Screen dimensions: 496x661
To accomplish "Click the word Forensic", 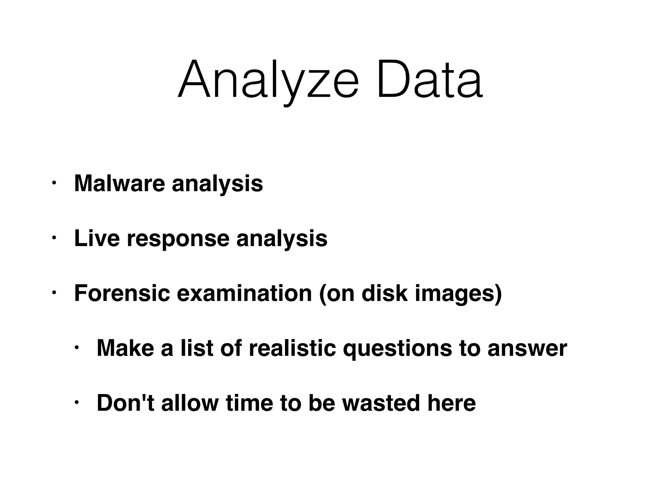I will [x=122, y=293].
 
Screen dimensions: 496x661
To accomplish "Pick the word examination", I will [x=244, y=293].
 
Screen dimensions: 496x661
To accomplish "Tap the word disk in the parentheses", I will [x=384, y=293].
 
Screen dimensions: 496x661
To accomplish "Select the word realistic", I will [x=292, y=348].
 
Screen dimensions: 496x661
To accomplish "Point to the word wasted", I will [x=381, y=403].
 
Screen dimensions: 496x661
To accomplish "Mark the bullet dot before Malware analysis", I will [x=54, y=183].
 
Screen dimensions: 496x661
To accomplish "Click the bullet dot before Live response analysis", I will [x=54, y=238].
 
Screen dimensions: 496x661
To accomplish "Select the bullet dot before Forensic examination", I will [x=54, y=293].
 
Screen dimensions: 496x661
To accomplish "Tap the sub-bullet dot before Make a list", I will [x=76, y=348].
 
